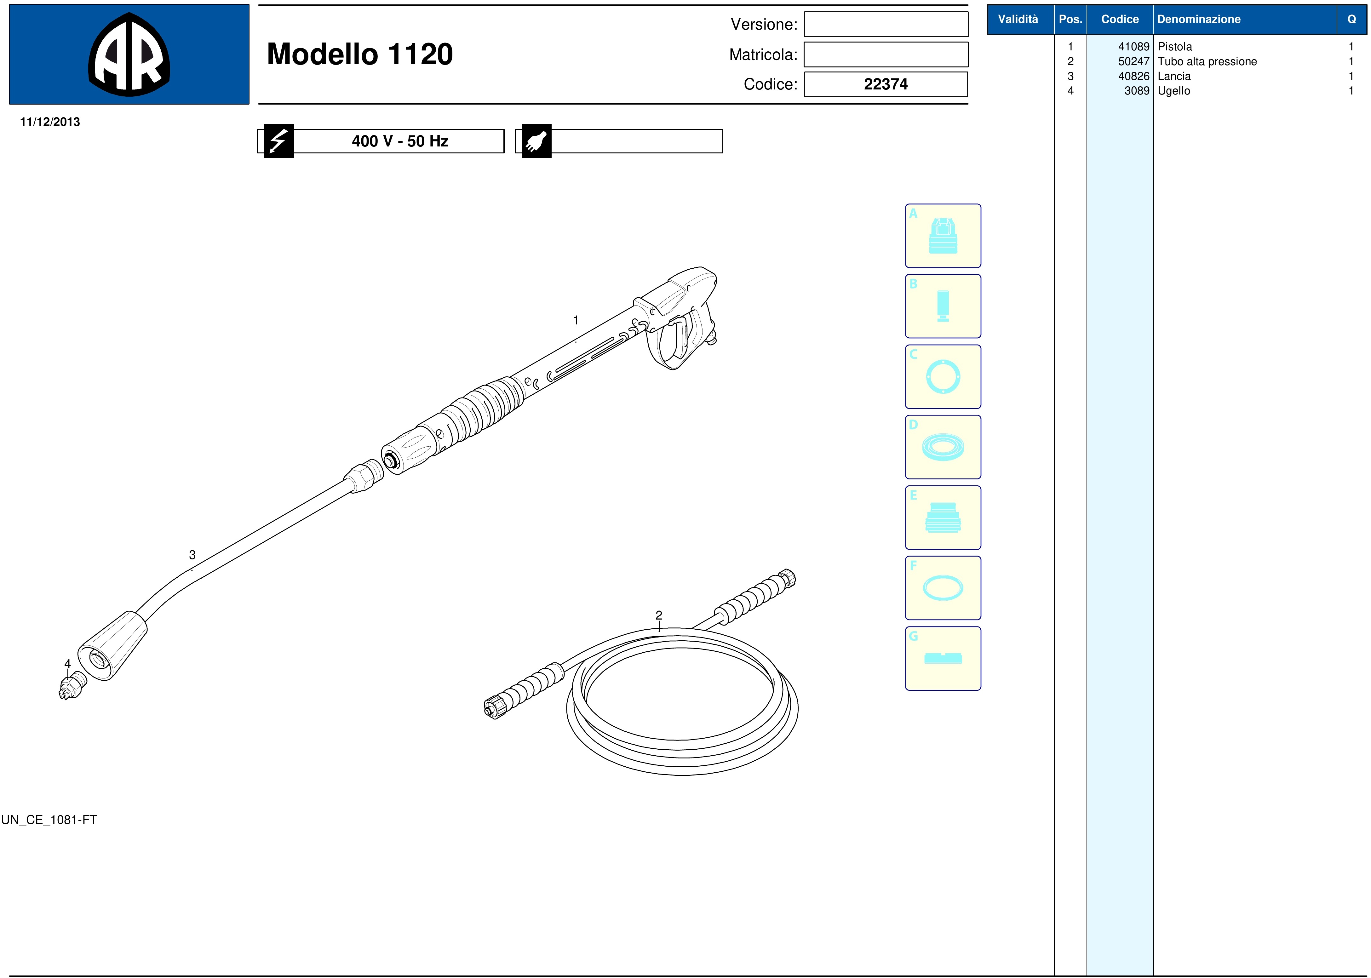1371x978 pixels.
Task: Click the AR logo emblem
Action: point(129,54)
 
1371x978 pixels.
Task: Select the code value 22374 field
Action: point(886,84)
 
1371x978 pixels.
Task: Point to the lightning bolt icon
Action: point(278,141)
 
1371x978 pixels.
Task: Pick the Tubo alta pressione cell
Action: point(1207,61)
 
